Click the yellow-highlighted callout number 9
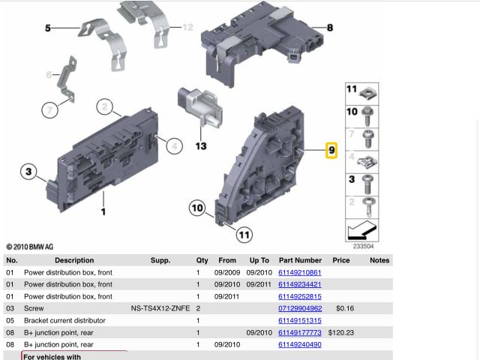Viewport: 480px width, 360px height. click(x=331, y=150)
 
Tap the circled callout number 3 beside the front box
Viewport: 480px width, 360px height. click(x=28, y=172)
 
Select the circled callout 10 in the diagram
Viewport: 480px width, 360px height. click(x=197, y=208)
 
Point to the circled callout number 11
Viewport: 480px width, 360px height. click(x=244, y=235)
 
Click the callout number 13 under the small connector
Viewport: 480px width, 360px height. click(x=201, y=146)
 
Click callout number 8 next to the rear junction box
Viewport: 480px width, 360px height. click(x=330, y=28)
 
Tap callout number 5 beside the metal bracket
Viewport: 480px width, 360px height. click(x=48, y=28)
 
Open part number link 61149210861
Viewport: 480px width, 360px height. click(x=300, y=272)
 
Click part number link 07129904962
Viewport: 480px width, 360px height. click(x=300, y=308)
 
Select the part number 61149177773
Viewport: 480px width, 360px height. click(x=300, y=332)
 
